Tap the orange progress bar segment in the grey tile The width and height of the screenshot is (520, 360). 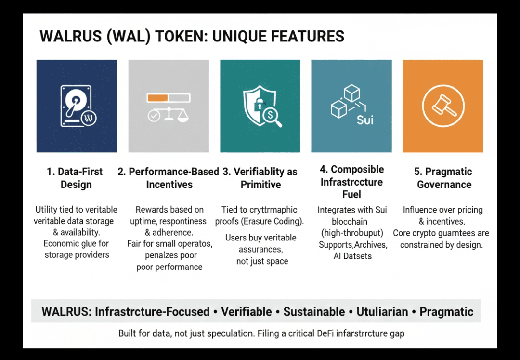[157, 97]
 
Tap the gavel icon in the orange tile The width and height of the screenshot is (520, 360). [442, 106]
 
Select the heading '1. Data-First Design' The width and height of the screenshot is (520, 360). [76, 178]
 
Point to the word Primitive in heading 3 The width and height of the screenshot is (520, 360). [261, 185]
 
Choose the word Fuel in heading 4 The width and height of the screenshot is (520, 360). [351, 194]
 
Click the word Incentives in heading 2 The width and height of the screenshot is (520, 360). [169, 185]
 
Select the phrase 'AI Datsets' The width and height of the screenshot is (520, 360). [352, 256]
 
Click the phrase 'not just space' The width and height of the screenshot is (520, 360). [262, 261]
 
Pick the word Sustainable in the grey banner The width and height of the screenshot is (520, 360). [314, 312]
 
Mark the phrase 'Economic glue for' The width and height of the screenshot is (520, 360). [77, 243]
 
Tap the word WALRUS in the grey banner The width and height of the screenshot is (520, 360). [66, 312]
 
